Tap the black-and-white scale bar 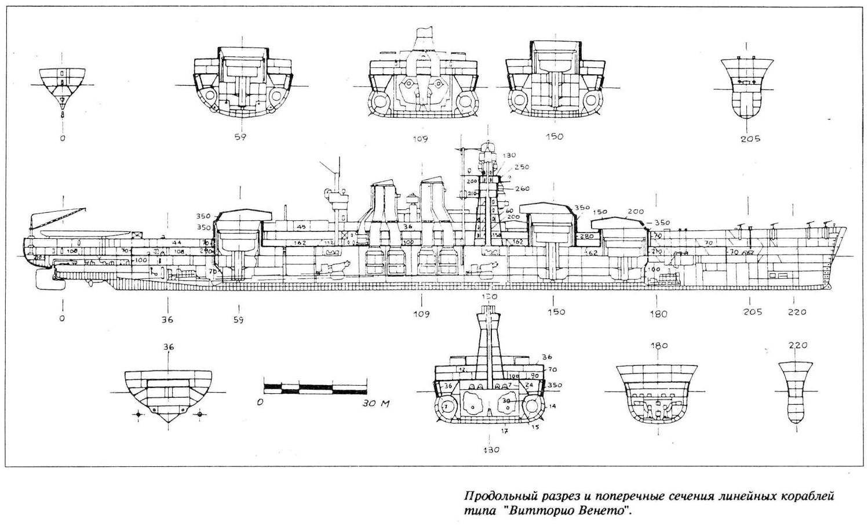point(315,386)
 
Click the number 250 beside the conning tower point(521,167)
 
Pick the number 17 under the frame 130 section point(505,431)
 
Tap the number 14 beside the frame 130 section point(552,407)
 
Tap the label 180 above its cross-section point(659,346)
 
